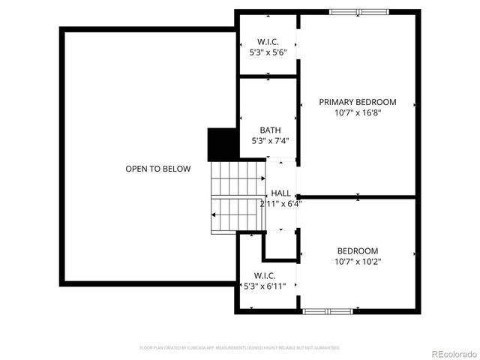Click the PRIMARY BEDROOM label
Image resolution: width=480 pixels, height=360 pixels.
(358, 102)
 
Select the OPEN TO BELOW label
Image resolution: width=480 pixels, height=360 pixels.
(157, 169)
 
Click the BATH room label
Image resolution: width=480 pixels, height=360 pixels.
(270, 130)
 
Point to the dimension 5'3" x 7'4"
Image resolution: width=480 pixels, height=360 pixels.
(270, 140)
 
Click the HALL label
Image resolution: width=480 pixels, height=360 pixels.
(280, 193)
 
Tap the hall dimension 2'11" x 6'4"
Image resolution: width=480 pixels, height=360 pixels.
(280, 203)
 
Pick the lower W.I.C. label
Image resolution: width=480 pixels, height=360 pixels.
(265, 275)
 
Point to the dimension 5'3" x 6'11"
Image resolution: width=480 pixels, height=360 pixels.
(265, 286)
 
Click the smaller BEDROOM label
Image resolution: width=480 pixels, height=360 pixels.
(358, 250)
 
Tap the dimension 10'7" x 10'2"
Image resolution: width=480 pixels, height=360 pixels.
(358, 262)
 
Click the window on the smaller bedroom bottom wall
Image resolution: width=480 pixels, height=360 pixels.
(328, 310)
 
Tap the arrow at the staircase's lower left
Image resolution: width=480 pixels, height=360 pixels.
(214, 215)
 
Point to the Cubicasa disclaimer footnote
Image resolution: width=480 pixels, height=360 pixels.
(240, 348)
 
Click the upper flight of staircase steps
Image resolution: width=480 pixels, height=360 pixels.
(236, 178)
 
